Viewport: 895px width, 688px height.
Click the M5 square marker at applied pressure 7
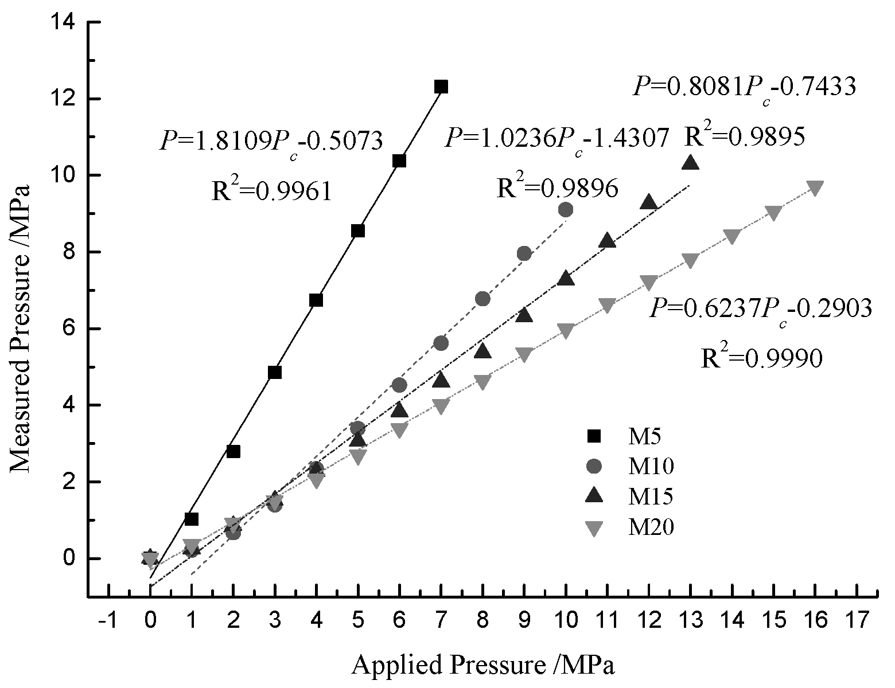point(441,87)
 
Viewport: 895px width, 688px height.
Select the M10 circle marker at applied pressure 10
point(566,210)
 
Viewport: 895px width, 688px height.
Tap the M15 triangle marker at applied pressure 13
point(690,163)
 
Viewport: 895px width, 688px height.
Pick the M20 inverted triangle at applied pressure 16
point(815,188)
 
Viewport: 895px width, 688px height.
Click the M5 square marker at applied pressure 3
point(274,373)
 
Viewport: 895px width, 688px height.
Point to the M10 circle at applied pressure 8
point(482,299)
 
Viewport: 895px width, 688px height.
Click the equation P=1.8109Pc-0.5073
point(270,141)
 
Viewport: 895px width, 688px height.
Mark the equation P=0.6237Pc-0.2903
point(761,309)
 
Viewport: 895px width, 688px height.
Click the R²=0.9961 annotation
point(272,191)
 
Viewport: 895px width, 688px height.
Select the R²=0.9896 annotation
point(557,187)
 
